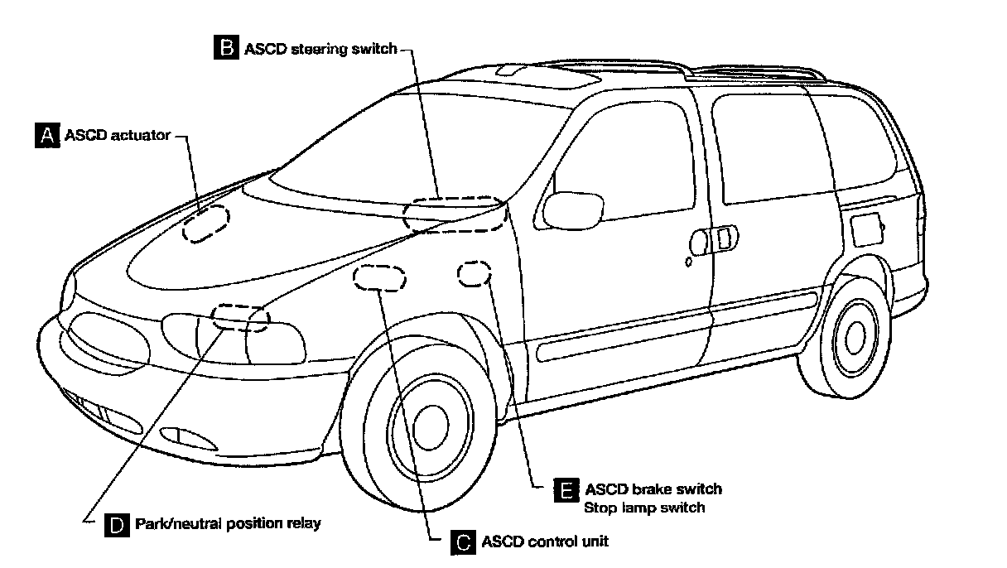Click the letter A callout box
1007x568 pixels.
[46, 134]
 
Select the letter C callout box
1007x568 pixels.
[462, 542]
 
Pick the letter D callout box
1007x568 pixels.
[117, 524]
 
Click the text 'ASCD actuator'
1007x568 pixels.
[117, 134]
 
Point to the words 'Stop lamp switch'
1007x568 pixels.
[645, 507]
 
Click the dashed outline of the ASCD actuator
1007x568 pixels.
[205, 222]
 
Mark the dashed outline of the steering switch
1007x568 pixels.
[453, 213]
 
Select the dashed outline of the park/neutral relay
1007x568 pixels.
[240, 317]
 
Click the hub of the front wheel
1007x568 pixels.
[430, 423]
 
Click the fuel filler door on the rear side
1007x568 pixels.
[868, 228]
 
